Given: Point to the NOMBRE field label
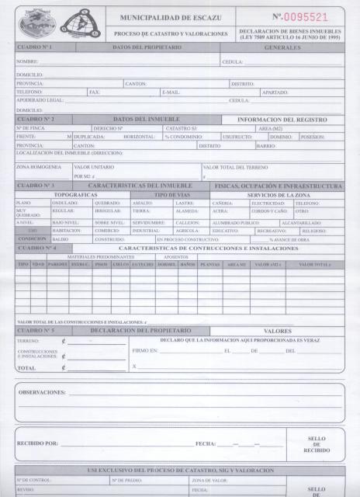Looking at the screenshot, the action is tap(27, 61).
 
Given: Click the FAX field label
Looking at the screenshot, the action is tap(94, 92).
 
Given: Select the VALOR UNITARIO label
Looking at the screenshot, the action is tap(93, 167).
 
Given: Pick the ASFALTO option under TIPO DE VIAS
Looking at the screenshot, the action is tap(143, 203).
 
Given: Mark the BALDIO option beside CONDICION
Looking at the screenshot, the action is tap(61, 239).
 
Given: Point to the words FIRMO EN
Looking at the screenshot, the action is tap(145, 351).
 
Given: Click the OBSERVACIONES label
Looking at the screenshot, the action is tap(43, 392).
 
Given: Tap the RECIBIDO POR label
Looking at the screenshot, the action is tap(37, 443).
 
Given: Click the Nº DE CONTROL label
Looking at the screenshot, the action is tap(33, 481).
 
